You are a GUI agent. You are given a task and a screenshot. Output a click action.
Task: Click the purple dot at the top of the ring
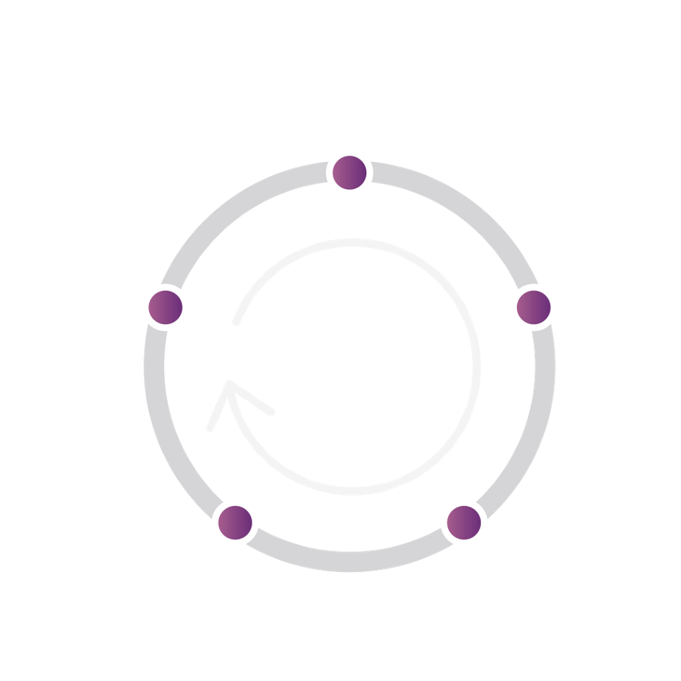pos(350,173)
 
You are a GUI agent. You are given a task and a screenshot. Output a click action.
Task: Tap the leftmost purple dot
pos(166,308)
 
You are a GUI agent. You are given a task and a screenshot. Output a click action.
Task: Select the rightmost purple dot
pos(534,308)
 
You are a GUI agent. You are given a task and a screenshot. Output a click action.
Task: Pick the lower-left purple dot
pos(235,522)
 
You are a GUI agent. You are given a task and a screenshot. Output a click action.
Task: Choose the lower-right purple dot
pos(464,522)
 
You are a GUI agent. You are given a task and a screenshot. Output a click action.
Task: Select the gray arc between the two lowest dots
pos(350,561)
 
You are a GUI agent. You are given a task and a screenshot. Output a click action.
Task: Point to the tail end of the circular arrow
pos(235,323)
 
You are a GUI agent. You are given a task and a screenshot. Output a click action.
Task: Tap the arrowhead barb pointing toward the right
pos(271,412)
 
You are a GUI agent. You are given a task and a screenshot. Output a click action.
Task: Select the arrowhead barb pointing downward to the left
pos(209,429)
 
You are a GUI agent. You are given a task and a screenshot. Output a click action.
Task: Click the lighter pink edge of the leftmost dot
pos(152,308)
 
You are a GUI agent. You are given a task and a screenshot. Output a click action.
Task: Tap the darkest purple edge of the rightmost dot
pos(548,308)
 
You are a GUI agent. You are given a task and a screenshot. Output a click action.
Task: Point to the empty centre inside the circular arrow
pos(351,366)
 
